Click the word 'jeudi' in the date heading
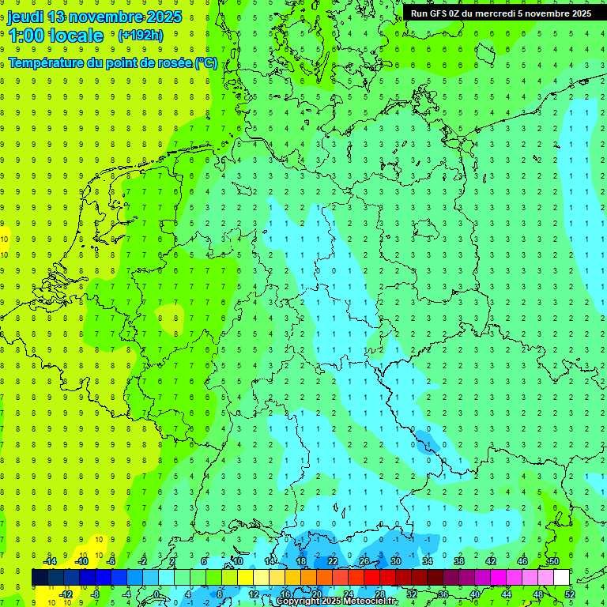tap(25, 17)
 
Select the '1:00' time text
tap(25, 36)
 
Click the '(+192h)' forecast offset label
tap(141, 36)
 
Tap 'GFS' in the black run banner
tap(440, 13)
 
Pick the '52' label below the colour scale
tap(570, 594)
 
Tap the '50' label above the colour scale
tap(554, 561)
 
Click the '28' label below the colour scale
tap(380, 594)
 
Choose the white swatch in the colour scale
tap(562, 578)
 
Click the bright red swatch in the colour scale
tap(372, 578)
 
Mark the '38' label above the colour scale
tap(459, 561)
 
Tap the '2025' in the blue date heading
tap(159, 17)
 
